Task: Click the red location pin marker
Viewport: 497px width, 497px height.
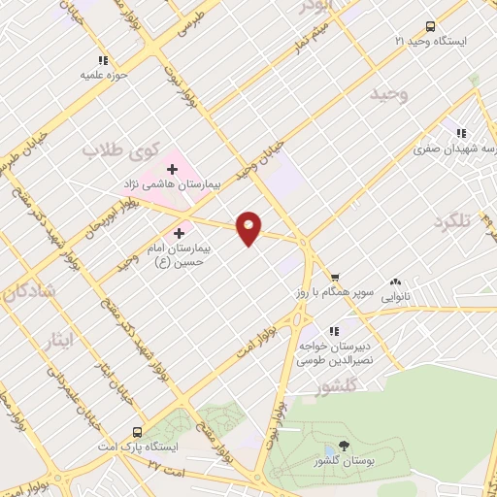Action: [x=249, y=227]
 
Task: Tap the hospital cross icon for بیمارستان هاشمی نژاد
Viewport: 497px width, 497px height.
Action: [x=172, y=169]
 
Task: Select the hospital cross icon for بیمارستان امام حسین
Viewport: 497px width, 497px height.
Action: [x=179, y=233]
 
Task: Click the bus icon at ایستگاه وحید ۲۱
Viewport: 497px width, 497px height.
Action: [x=430, y=27]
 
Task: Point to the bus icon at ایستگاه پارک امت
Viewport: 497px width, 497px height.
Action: [x=137, y=431]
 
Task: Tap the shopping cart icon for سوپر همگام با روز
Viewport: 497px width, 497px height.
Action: [x=335, y=277]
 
